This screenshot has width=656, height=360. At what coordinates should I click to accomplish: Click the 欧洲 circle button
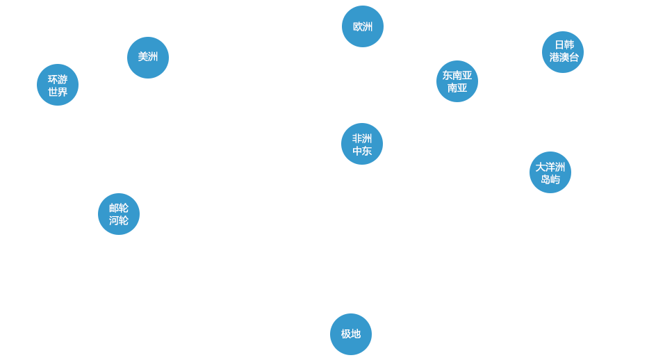(362, 26)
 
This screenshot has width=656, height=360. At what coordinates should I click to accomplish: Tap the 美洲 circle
(147, 57)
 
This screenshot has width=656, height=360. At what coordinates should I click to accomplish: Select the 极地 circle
(350, 334)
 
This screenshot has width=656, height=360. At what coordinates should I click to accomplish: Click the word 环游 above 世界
(58, 79)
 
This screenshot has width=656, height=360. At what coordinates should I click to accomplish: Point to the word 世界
(58, 92)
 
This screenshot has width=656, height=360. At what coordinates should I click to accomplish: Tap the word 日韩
(564, 45)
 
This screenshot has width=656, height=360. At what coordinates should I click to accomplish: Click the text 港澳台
(564, 58)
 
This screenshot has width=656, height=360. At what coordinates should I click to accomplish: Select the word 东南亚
(457, 75)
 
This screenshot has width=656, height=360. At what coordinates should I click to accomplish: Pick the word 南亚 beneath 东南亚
(457, 88)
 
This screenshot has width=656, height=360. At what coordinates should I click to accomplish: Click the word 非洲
(361, 138)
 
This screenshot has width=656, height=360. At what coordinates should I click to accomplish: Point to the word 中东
(361, 151)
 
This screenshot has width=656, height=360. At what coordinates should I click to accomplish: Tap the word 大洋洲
(550, 167)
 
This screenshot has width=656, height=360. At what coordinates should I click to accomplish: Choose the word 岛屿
(550, 179)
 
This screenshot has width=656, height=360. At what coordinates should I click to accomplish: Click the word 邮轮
(118, 208)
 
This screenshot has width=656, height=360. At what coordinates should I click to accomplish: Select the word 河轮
(118, 220)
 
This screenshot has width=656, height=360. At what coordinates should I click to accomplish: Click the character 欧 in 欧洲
(357, 26)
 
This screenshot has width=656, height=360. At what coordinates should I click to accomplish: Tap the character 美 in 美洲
(142, 57)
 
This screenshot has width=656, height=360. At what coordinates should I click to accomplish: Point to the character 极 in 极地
(345, 334)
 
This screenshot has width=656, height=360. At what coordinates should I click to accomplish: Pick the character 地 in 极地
(356, 334)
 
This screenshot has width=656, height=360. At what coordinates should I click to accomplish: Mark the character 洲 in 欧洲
(368, 26)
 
